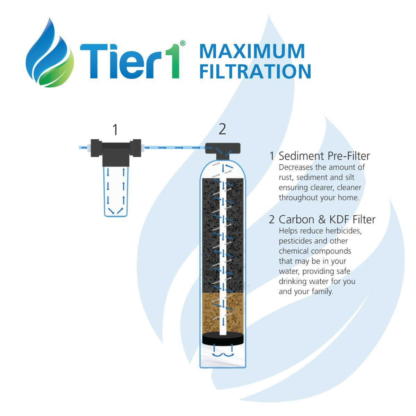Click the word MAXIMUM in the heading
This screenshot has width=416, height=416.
tap(252, 51)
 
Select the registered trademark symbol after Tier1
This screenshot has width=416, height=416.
tap(183, 43)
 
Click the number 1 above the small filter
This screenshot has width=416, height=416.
tap(115, 130)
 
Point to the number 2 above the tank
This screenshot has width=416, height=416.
tap(222, 129)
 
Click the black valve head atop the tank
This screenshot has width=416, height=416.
tap(223, 148)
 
